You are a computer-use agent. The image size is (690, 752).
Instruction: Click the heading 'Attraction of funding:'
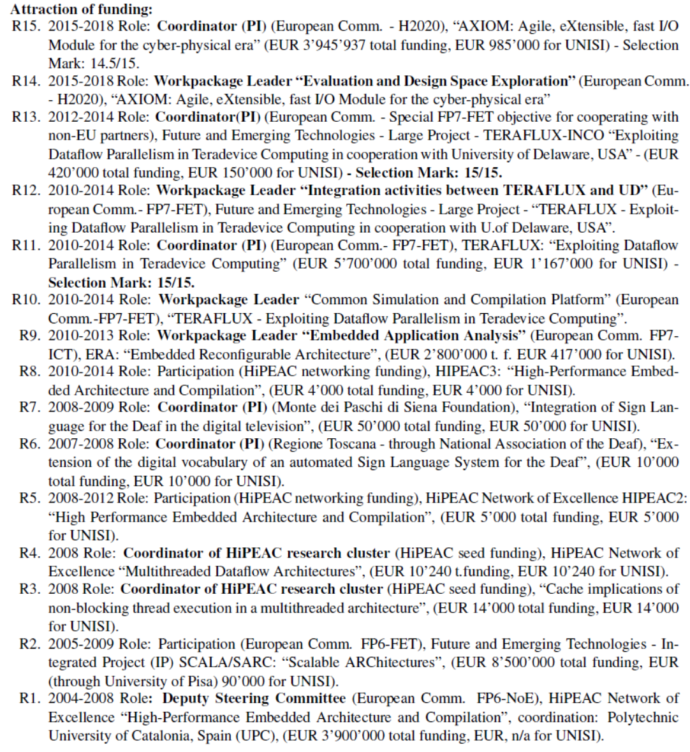click(82, 9)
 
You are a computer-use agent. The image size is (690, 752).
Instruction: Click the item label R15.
click(27, 27)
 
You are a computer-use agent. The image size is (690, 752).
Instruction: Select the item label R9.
click(30, 335)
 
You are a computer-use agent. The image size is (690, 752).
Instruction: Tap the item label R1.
click(30, 698)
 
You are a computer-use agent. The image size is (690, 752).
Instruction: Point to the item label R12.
click(27, 191)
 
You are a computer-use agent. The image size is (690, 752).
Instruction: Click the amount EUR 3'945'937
click(306, 45)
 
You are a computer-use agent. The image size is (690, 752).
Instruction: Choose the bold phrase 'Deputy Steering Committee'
click(254, 698)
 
